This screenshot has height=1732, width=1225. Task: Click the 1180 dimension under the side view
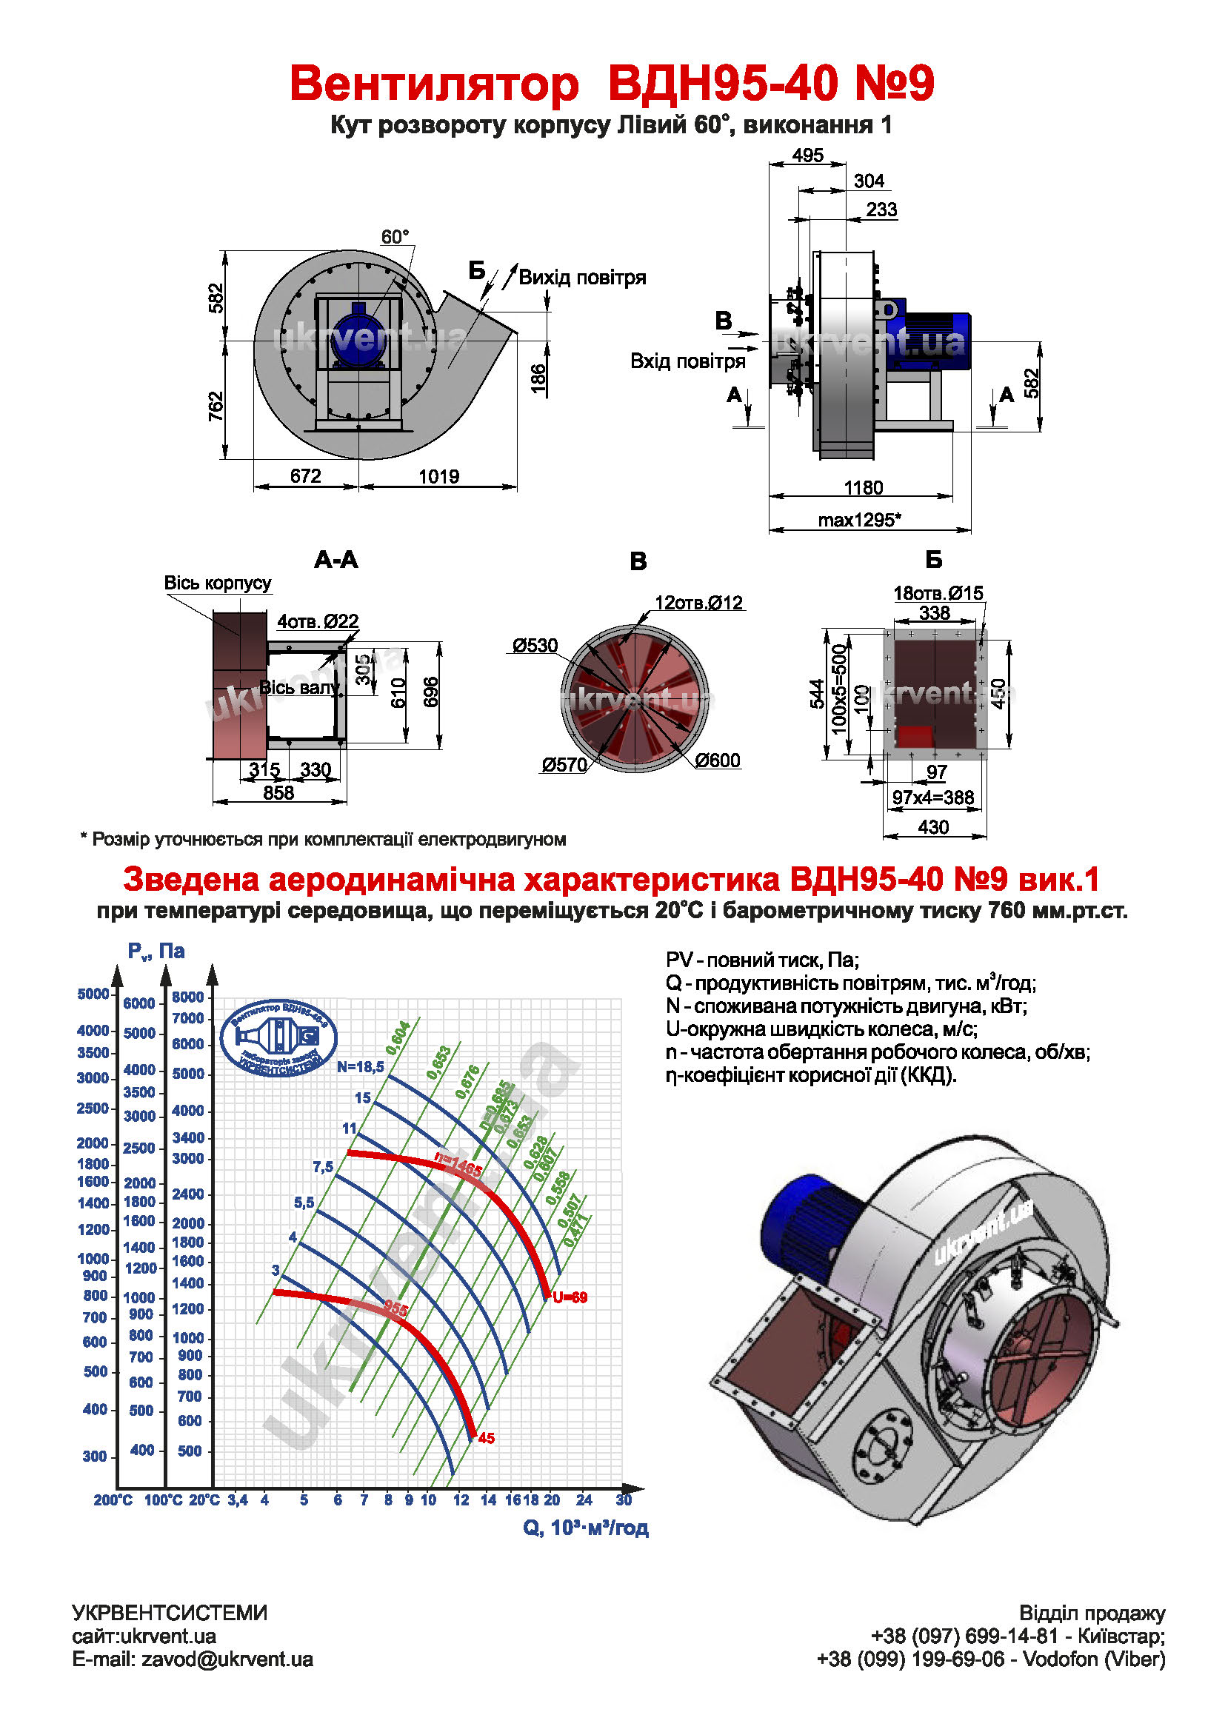tap(863, 487)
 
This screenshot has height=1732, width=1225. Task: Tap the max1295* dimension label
tap(859, 520)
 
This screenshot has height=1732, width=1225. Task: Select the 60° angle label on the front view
tap(395, 237)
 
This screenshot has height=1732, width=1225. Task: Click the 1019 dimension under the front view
tap(439, 476)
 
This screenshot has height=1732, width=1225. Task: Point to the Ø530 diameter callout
tap(535, 646)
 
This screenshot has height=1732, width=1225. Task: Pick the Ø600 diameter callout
tap(718, 760)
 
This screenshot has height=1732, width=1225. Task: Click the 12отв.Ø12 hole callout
tap(698, 603)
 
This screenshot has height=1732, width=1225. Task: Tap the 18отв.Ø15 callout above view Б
tap(938, 593)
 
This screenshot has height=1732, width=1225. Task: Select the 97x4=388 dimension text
tap(933, 798)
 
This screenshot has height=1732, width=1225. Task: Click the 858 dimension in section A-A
tap(278, 793)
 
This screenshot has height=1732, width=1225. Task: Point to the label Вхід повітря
tap(687, 361)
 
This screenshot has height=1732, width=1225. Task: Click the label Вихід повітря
tap(582, 278)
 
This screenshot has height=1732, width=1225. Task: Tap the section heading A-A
tap(336, 560)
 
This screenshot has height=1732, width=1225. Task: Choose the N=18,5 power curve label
tap(361, 1066)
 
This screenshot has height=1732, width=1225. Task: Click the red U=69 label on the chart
tap(570, 1297)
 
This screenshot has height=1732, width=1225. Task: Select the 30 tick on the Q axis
tap(624, 1500)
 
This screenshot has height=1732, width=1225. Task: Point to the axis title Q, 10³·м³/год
tap(585, 1528)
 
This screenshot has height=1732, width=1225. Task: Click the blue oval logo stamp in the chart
tap(278, 1038)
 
